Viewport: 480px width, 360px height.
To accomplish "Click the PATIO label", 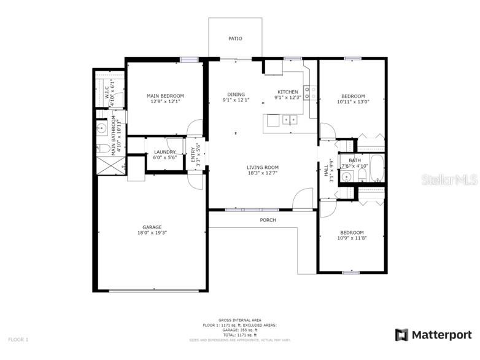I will (235, 39).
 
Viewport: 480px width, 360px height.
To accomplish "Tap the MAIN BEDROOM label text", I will (165, 96).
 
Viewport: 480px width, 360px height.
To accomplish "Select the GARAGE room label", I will (152, 227).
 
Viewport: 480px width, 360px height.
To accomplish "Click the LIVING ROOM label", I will (263, 167).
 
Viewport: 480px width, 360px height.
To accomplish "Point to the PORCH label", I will (268, 220).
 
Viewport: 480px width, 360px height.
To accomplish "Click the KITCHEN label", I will (288, 92).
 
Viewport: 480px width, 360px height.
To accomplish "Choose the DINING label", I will (236, 95).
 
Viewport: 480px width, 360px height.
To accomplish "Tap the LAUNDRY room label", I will (165, 152).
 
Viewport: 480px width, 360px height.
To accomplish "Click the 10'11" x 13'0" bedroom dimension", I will (353, 102).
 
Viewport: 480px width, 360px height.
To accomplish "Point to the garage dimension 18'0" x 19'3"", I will (152, 233).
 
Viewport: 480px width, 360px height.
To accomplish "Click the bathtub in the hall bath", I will (376, 168).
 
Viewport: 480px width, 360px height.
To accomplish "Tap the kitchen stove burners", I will (311, 92).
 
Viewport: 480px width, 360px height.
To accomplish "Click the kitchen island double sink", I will (290, 120).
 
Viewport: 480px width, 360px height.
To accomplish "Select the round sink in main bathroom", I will (101, 129).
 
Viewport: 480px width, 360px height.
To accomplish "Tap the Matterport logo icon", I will (401, 335).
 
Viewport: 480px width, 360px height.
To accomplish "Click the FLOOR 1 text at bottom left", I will (18, 339).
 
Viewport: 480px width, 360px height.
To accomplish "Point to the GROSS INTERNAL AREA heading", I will (240, 320).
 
